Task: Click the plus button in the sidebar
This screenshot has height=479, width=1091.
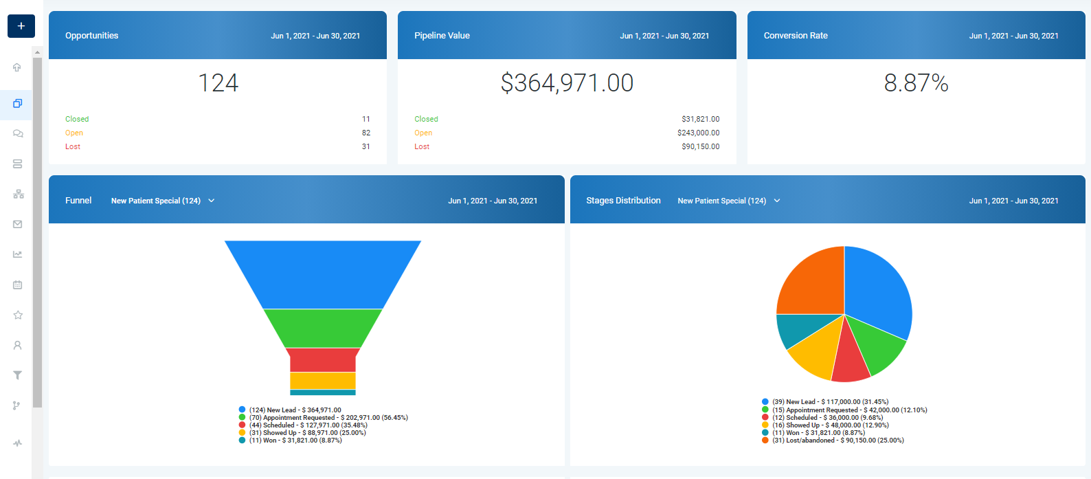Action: (21, 26)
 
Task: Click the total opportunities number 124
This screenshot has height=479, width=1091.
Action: (218, 83)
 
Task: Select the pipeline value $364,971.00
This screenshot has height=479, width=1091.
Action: (567, 83)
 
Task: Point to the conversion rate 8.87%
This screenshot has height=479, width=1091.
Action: (916, 83)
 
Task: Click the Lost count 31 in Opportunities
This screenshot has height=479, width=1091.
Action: (365, 146)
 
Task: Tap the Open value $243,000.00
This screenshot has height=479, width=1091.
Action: (698, 133)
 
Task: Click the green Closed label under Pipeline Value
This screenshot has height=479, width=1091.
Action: (426, 119)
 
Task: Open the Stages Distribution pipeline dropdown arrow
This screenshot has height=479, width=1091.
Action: (777, 201)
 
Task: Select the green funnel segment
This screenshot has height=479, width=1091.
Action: (323, 328)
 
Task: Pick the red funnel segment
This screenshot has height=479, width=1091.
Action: (323, 359)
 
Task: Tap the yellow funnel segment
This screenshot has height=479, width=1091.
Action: (323, 380)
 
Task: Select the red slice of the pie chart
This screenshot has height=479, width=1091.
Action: (850, 357)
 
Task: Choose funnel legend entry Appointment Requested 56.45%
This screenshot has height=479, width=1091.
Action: (328, 418)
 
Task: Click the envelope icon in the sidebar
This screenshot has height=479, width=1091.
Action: (18, 224)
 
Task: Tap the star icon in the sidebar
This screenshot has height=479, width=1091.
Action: (18, 315)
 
